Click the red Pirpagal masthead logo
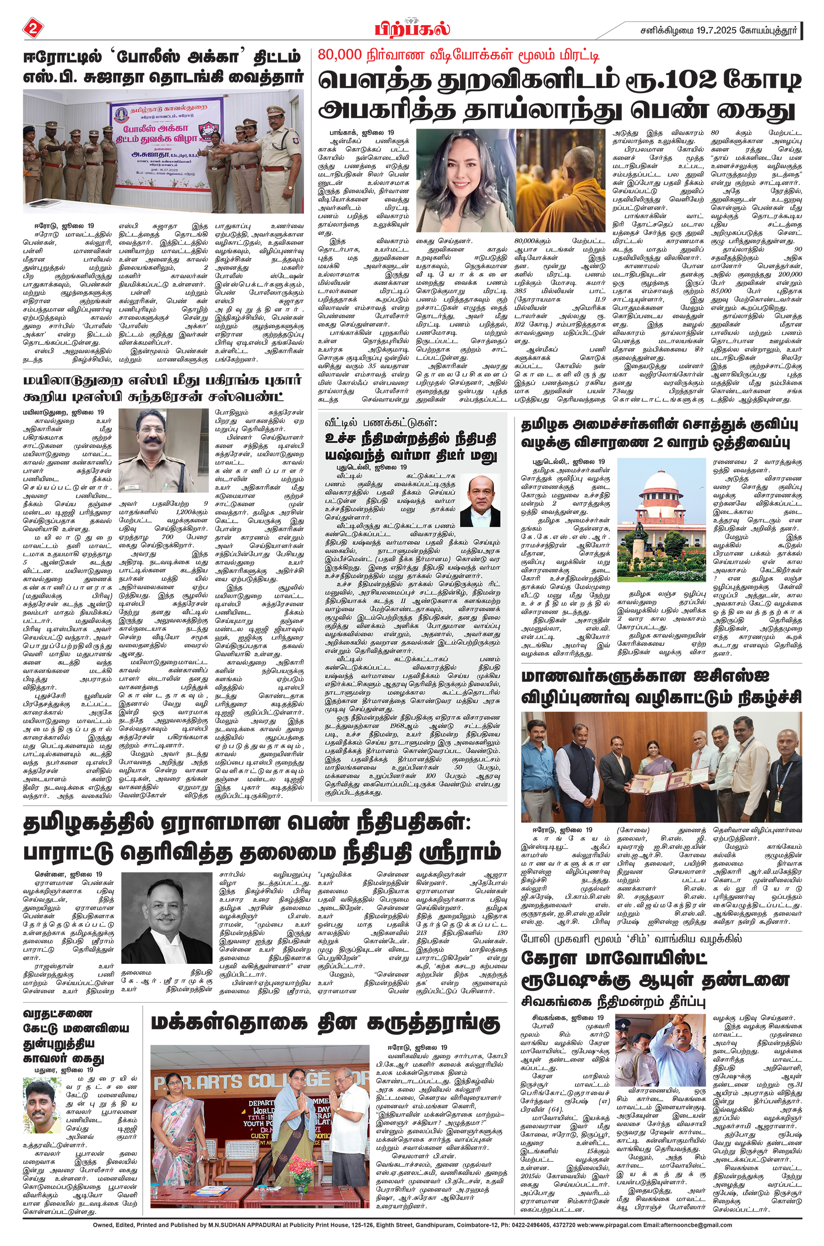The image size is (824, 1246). pyautogui.click(x=412, y=28)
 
